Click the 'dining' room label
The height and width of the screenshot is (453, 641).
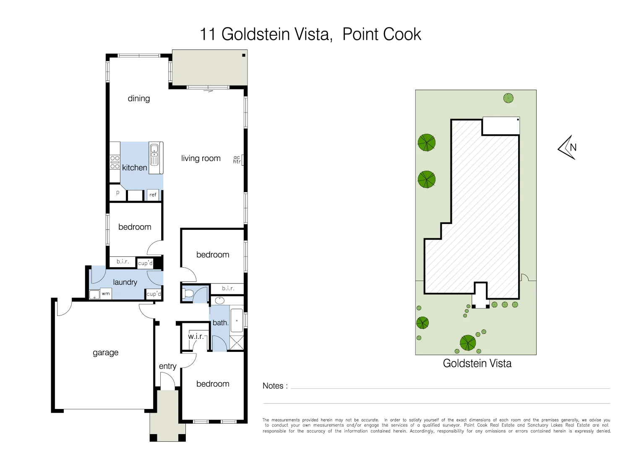click(x=139, y=99)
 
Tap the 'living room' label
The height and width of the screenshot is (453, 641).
click(x=201, y=159)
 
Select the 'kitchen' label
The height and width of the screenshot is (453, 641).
click(x=134, y=168)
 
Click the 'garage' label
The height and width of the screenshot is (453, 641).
click(x=105, y=353)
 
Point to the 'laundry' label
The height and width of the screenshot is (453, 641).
click(x=125, y=282)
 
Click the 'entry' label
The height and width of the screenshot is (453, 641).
click(x=167, y=367)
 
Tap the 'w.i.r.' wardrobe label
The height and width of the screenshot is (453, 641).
click(x=195, y=336)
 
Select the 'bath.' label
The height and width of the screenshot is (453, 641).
click(x=220, y=323)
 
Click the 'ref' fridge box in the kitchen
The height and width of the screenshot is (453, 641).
click(x=153, y=195)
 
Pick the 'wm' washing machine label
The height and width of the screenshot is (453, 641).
click(x=106, y=294)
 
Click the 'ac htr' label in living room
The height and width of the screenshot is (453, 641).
click(x=237, y=160)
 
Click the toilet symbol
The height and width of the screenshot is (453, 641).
click(x=188, y=293)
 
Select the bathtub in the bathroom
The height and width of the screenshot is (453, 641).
click(x=237, y=320)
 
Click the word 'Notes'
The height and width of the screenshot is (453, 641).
click(x=273, y=386)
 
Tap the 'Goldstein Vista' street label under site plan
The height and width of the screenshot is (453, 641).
click(x=477, y=363)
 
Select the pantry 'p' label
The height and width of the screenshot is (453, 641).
click(x=117, y=193)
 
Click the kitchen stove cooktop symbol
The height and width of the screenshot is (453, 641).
click(x=115, y=162)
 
